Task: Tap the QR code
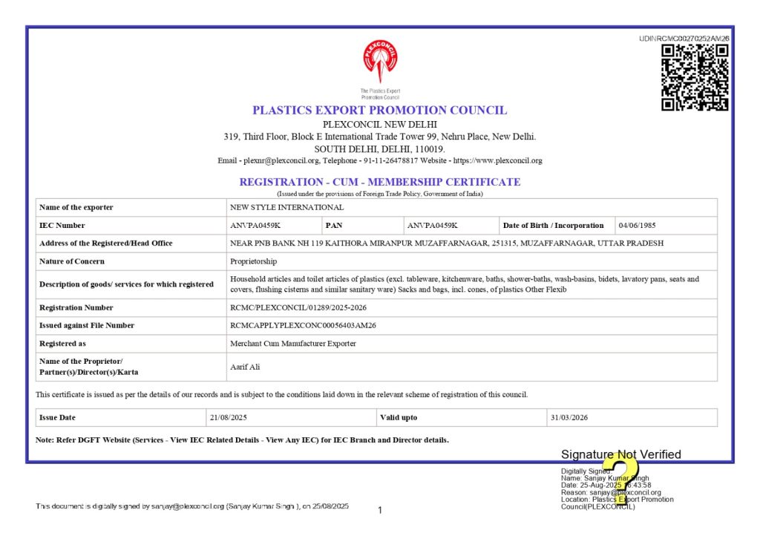695,77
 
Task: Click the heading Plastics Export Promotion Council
380,110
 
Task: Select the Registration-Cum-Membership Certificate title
380,182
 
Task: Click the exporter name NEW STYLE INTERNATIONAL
287,207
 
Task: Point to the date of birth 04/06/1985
637,225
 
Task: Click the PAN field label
334,225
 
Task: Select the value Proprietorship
254,261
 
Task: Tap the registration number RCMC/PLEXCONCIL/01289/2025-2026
298,307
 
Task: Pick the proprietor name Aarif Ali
246,367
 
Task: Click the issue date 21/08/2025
228,417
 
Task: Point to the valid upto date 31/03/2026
569,417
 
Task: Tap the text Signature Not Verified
620,454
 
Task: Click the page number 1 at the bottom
380,510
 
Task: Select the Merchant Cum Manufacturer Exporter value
293,344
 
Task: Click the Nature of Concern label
72,261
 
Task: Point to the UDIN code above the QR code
684,39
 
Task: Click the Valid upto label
399,417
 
